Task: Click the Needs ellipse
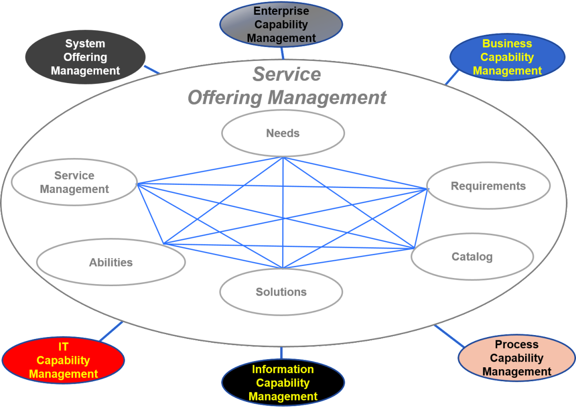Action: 283,133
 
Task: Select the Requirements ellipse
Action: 488,186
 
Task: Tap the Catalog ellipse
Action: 472,257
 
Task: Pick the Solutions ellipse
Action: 281,292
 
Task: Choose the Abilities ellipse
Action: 111,262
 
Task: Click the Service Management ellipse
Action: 74,182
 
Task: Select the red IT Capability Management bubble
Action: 63,360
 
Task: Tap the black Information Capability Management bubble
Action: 283,383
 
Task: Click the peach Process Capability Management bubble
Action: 516,358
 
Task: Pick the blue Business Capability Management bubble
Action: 507,57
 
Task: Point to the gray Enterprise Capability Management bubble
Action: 281,24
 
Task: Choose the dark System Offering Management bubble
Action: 85,57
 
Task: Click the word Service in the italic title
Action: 287,74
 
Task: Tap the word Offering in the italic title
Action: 224,97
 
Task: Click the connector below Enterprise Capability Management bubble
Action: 282,53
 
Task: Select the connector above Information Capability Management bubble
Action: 281,353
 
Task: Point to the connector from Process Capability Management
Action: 449,336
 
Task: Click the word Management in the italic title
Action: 327,97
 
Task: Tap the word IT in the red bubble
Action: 63,347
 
